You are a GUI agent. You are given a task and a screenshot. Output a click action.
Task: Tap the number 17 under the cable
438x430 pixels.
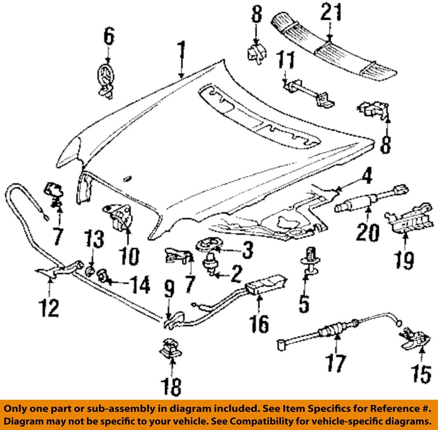pos(335,363)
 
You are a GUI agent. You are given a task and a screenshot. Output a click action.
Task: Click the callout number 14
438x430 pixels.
pos(137,285)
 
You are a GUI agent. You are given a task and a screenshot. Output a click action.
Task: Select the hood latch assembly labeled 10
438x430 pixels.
pos(119,216)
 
